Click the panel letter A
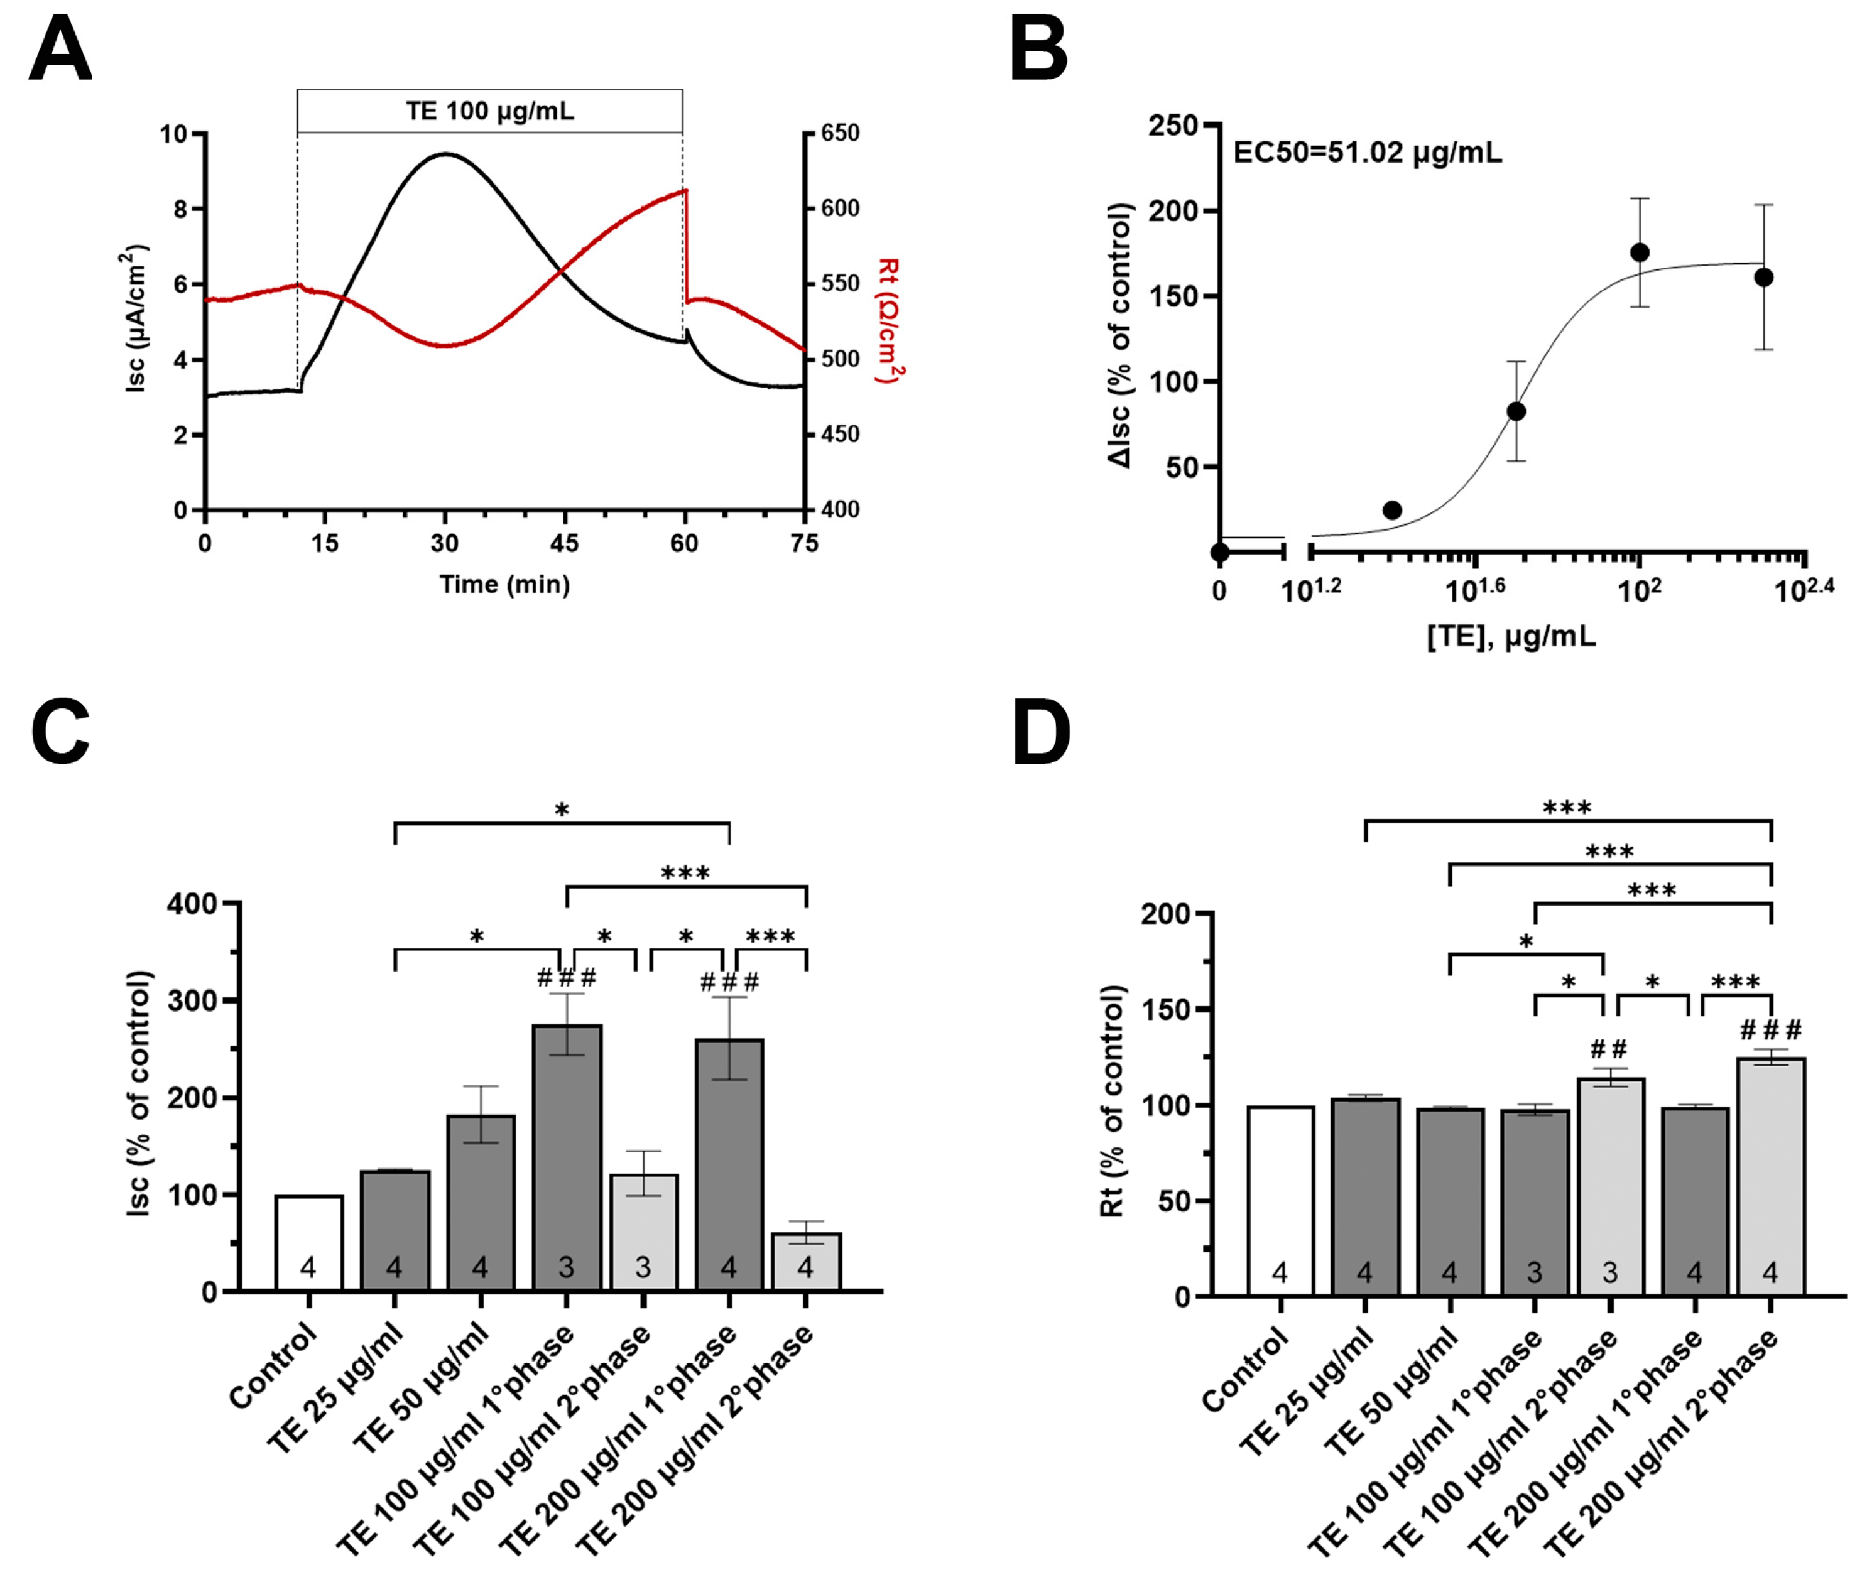(x=60, y=51)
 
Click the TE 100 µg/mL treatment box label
(x=489, y=111)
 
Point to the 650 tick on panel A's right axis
(x=839, y=133)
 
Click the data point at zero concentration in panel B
(x=1219, y=551)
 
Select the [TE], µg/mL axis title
(x=1511, y=637)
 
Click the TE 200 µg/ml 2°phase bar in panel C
(x=805, y=1261)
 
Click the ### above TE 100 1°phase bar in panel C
(x=566, y=978)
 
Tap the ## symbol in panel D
(x=1608, y=1049)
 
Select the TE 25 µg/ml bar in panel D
(x=1365, y=1196)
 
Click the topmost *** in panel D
(x=1567, y=808)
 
